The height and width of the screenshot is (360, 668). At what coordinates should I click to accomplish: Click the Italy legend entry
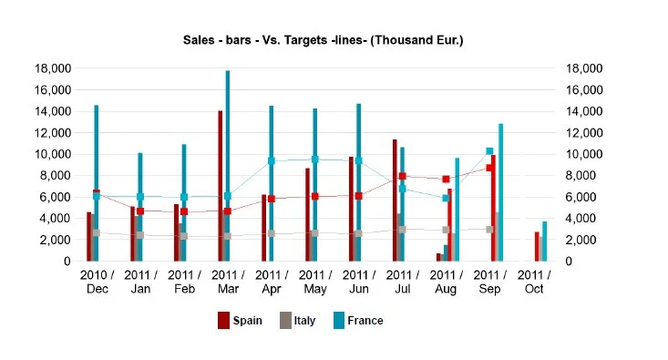pos(297,320)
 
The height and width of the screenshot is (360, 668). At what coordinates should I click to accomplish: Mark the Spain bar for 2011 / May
pos(307,214)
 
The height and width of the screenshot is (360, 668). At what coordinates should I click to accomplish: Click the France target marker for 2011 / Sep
pos(489,151)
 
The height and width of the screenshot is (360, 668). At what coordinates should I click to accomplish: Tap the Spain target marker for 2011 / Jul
pos(402,176)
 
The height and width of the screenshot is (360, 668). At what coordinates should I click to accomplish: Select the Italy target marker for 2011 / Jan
pos(139,235)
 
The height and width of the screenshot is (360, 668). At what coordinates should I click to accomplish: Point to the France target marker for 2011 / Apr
pos(271,160)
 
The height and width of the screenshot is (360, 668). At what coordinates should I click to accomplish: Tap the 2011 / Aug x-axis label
pos(446,280)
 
